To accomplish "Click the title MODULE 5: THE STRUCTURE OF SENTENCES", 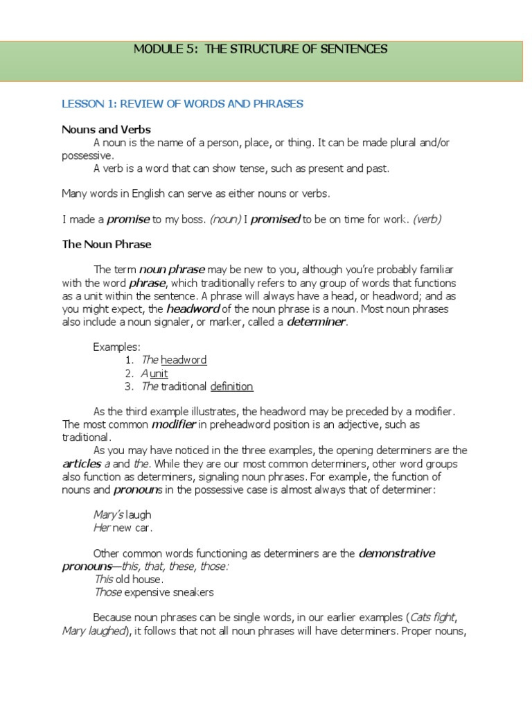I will pyautogui.click(x=260, y=49).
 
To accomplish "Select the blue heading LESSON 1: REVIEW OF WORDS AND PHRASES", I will pyautogui.click(x=182, y=104).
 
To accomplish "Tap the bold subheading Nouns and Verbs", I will pyautogui.click(x=106, y=130).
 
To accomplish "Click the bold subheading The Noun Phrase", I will pyautogui.click(x=107, y=244).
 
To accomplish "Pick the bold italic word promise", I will pyautogui.click(x=128, y=219).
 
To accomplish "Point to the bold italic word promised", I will pyautogui.click(x=275, y=219).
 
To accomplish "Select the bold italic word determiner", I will pyautogui.click(x=316, y=322).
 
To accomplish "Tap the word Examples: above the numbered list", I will pyautogui.click(x=117, y=347).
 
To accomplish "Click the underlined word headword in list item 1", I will pyautogui.click(x=184, y=360).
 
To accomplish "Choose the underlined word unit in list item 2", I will pyautogui.click(x=159, y=373).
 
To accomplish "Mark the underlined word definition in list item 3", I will pyautogui.click(x=232, y=386).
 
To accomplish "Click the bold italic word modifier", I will pyautogui.click(x=173, y=424).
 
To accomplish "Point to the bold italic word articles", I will pyautogui.click(x=82, y=463).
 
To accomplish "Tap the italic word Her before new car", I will pyautogui.click(x=102, y=528).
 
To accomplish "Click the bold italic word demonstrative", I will pyautogui.click(x=397, y=553).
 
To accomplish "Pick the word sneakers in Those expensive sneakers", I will pyautogui.click(x=193, y=592).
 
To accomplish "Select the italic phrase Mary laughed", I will pyautogui.click(x=93, y=630).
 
